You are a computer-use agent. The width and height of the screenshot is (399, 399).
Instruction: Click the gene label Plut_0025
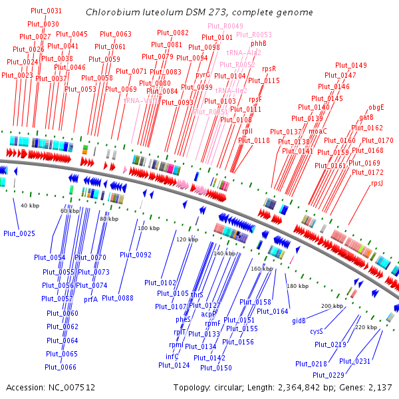(19, 233)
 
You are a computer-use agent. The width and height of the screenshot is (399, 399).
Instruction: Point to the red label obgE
(376, 108)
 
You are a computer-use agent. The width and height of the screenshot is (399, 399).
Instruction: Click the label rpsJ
(378, 183)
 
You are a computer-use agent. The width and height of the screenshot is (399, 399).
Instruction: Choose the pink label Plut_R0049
(225, 26)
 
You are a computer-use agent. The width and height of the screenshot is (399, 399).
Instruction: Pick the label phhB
(259, 43)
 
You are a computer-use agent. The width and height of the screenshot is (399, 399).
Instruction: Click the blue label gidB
(299, 321)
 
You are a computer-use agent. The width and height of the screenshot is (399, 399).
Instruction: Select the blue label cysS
(317, 331)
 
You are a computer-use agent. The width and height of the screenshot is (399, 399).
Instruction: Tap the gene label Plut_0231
(355, 361)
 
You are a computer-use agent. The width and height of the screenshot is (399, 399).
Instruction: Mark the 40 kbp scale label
(29, 205)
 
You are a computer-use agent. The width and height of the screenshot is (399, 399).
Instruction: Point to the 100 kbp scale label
(149, 228)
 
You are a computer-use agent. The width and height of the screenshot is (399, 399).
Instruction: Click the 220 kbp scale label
(366, 327)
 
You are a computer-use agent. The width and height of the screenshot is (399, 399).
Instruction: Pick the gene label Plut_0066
(61, 366)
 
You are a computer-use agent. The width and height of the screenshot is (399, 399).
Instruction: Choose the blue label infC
(172, 356)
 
